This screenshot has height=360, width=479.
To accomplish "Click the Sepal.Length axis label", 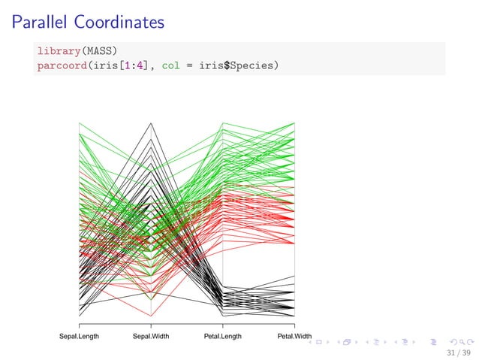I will point(79,337).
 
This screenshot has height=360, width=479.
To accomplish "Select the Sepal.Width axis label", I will point(151,337).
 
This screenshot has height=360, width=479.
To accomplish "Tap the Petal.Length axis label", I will point(223,337).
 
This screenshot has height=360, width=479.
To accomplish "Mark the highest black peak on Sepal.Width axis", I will point(151,123).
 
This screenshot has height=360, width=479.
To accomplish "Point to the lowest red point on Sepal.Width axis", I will point(151,316).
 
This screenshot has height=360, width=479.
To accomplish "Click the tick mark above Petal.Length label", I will point(223,325).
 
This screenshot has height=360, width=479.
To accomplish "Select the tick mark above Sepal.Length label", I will point(79,325).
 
